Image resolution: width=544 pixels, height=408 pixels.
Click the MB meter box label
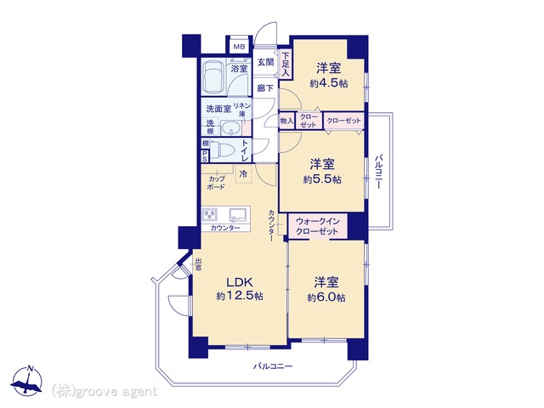tap(239, 47)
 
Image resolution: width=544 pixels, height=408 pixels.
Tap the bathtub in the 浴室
tap(213, 78)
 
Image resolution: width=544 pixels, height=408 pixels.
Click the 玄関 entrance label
tap(266, 62)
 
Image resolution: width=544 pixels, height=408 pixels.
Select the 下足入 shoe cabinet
tap(286, 65)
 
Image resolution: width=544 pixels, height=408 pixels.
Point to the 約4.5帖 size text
tap(329, 83)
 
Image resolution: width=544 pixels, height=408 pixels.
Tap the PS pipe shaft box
tap(205, 156)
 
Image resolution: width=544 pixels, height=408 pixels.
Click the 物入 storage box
tap(286, 121)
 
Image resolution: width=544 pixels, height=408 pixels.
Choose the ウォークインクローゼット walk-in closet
tap(317, 226)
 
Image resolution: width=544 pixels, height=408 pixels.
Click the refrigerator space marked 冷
tap(244, 173)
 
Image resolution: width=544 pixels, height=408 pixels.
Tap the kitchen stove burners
tap(210, 214)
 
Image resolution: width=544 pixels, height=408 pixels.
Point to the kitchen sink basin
tap(238, 214)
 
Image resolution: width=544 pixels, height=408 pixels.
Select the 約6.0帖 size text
tap(326, 297)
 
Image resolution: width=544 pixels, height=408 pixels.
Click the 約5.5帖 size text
tap(322, 179)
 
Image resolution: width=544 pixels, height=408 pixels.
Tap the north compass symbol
tap(26, 381)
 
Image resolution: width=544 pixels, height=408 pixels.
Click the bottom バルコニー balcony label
tap(273, 366)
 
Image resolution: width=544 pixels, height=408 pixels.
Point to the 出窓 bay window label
tap(198, 264)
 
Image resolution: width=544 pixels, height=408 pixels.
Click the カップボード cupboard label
tap(216, 183)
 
